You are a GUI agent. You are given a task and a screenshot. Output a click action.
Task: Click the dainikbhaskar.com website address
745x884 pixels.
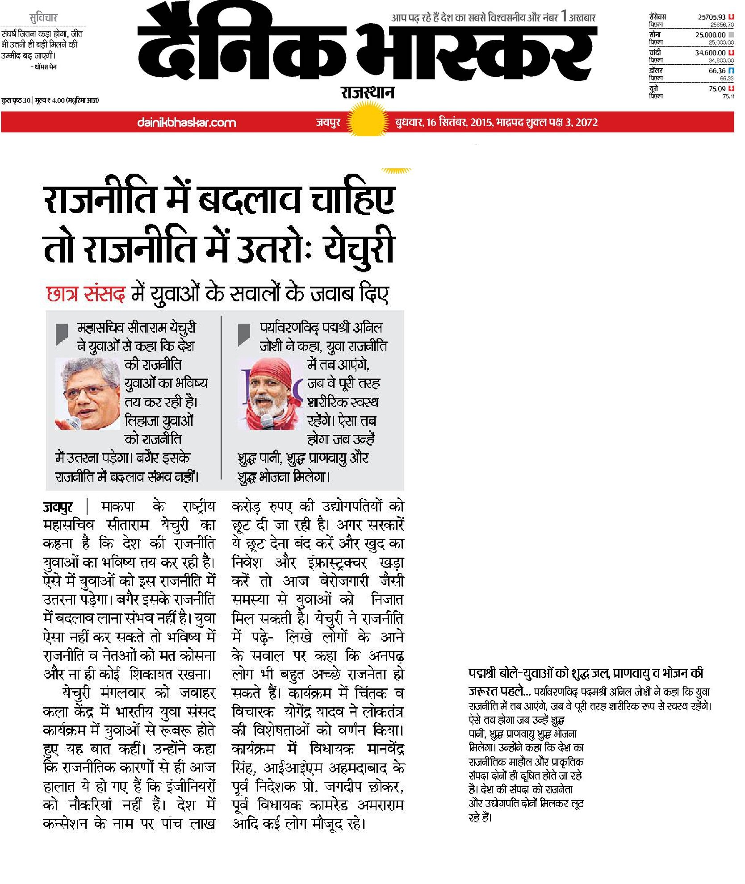tap(187, 122)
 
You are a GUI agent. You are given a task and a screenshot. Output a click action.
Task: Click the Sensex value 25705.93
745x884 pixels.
tap(712, 17)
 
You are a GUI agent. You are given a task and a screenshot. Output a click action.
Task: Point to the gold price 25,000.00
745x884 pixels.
tap(710, 35)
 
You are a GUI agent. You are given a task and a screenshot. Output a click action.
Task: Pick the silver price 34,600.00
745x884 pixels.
tap(710, 53)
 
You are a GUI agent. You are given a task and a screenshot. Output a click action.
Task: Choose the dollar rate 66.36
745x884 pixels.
tap(717, 71)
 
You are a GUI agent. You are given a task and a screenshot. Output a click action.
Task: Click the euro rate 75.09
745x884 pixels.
tap(717, 88)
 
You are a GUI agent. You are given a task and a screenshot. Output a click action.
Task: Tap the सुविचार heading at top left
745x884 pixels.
tap(43, 18)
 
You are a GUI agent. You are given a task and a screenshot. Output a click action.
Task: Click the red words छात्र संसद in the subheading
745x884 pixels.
tap(86, 295)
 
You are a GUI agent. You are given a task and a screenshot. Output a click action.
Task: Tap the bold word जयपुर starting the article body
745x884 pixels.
tap(58, 507)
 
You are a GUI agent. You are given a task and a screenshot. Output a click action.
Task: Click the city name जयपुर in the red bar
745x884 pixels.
tap(328, 122)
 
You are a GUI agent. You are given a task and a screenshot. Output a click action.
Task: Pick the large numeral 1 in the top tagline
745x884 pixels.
tap(564, 17)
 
